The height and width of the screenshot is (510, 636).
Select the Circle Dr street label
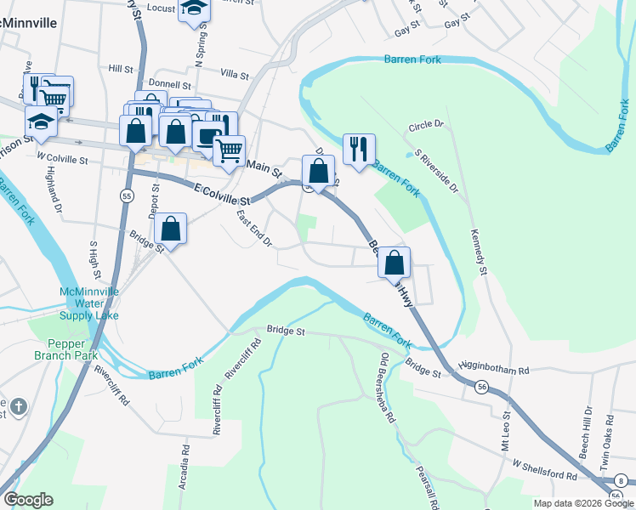tap(426, 125)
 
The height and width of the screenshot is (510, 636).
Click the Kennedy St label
tap(476, 252)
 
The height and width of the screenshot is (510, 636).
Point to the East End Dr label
tap(253, 229)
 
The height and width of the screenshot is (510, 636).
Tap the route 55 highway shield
tap(126, 195)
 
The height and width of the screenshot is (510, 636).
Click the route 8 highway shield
tap(621, 480)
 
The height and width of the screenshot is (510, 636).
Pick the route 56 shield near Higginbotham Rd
tap(481, 387)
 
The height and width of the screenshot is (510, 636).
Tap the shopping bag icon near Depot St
tap(171, 228)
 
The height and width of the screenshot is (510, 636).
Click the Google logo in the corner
tap(28, 500)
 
